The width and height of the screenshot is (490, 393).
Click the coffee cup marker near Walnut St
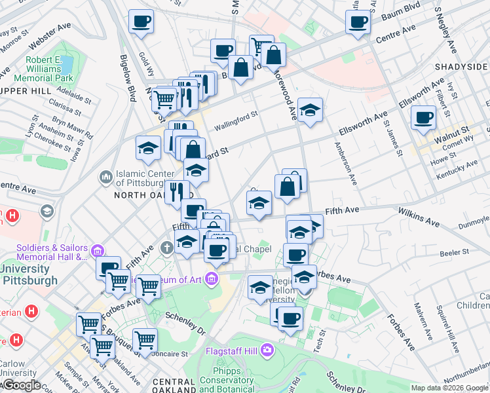(423, 118)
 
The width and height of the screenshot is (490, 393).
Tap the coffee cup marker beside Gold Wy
(140, 22)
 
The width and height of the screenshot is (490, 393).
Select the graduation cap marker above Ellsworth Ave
(310, 109)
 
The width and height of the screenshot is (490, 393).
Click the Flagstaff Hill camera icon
(267, 350)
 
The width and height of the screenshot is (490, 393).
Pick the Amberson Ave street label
(347, 164)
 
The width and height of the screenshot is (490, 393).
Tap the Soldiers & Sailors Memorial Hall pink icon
(97, 250)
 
